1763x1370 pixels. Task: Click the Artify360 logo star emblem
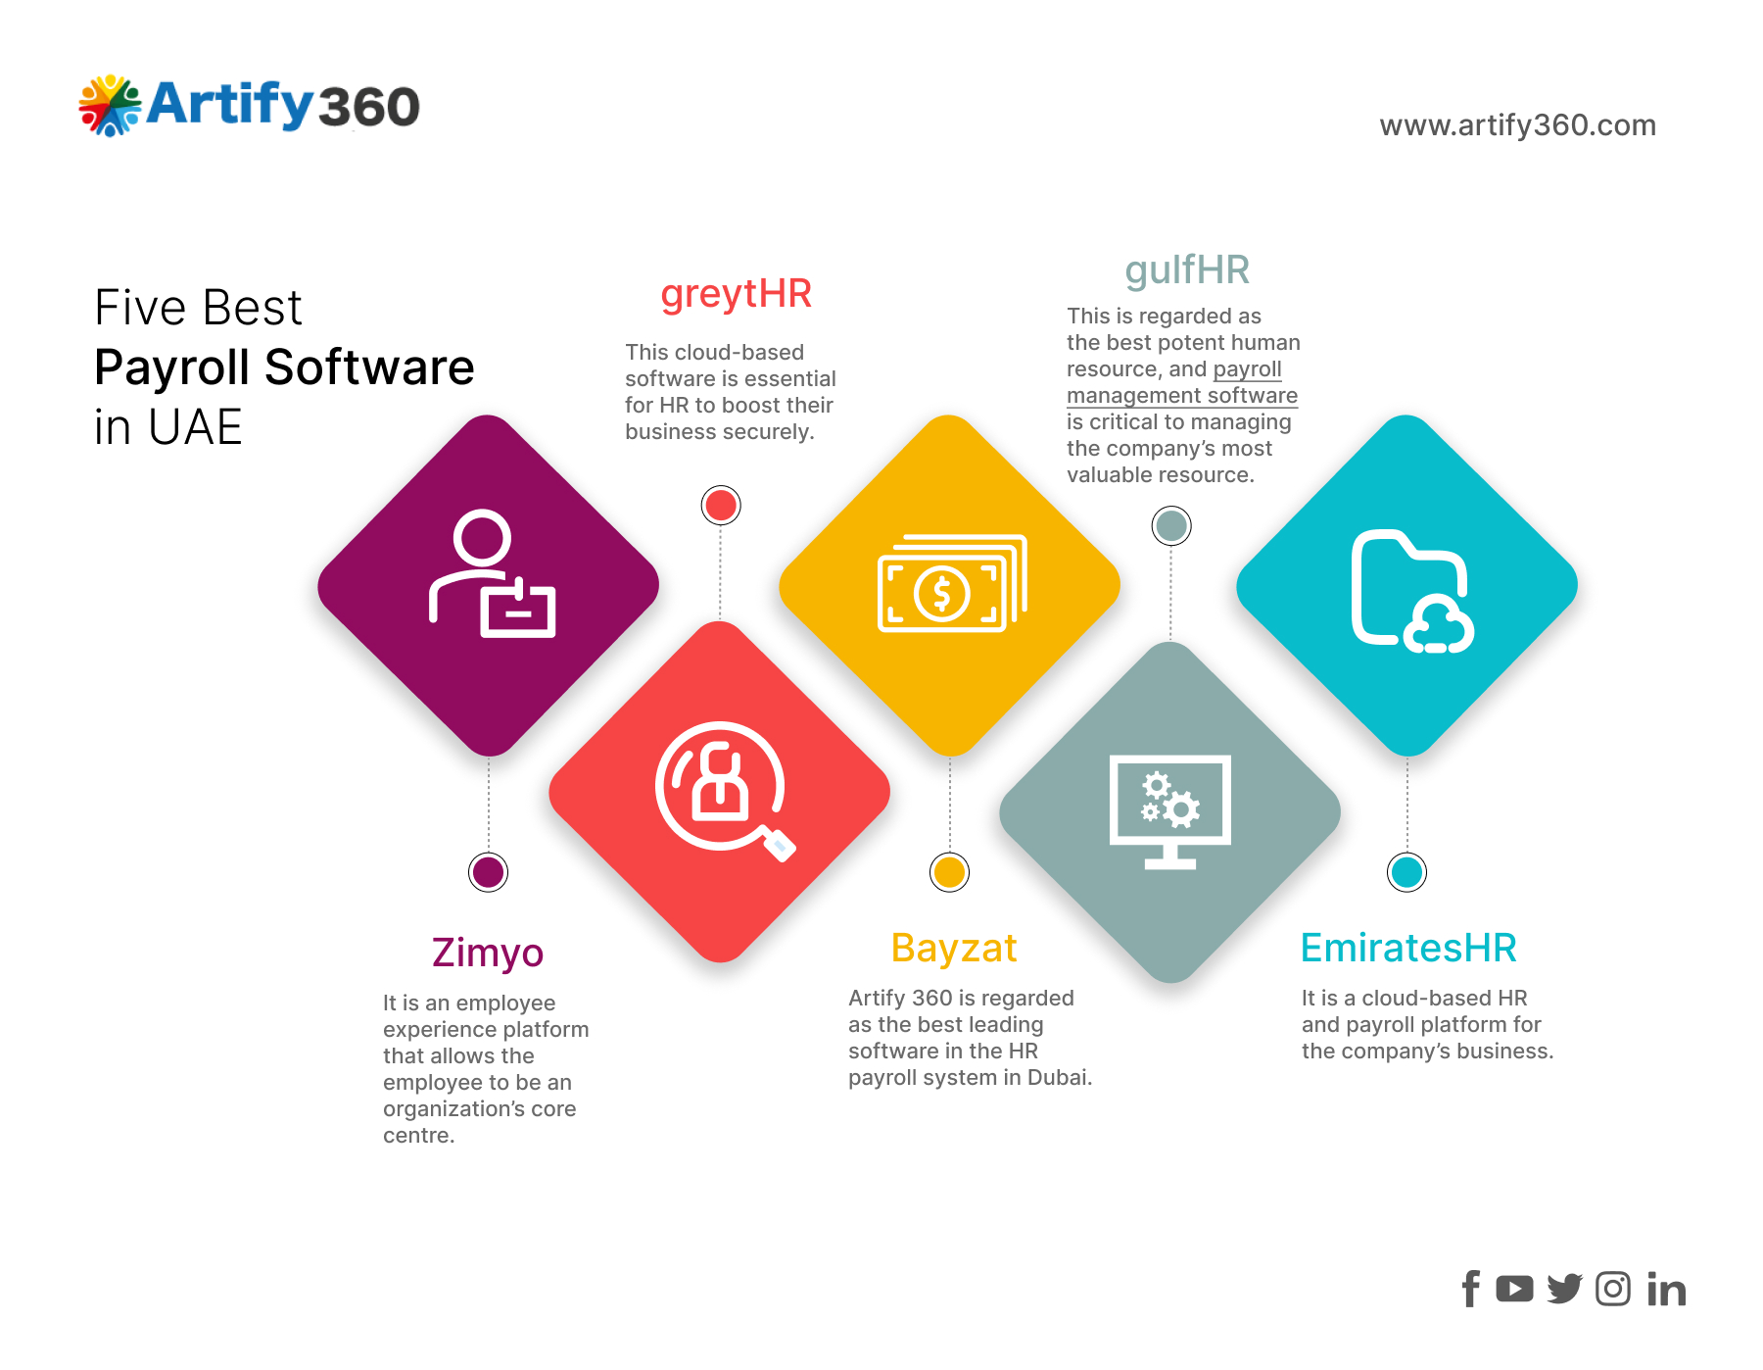(x=111, y=106)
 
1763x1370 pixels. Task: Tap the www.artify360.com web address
(x=1517, y=125)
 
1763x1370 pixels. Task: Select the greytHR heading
(x=737, y=295)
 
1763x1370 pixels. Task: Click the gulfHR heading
(x=1187, y=270)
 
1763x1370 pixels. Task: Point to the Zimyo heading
(x=488, y=954)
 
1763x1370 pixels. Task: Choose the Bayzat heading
(x=954, y=949)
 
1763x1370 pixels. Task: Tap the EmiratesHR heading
(x=1408, y=948)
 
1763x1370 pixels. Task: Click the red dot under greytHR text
(x=721, y=506)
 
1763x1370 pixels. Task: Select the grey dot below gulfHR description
(x=1171, y=526)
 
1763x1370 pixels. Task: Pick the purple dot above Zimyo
(x=489, y=872)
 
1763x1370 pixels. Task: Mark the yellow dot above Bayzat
(x=950, y=872)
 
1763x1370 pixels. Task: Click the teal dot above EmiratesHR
(x=1407, y=872)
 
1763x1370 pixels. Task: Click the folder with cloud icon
(x=1412, y=591)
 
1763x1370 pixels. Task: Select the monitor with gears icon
(x=1170, y=811)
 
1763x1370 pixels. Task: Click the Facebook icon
(x=1471, y=1290)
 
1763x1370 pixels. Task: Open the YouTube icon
(x=1515, y=1290)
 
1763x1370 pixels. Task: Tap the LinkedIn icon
(x=1666, y=1290)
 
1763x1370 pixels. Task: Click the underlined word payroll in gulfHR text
(x=1247, y=369)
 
